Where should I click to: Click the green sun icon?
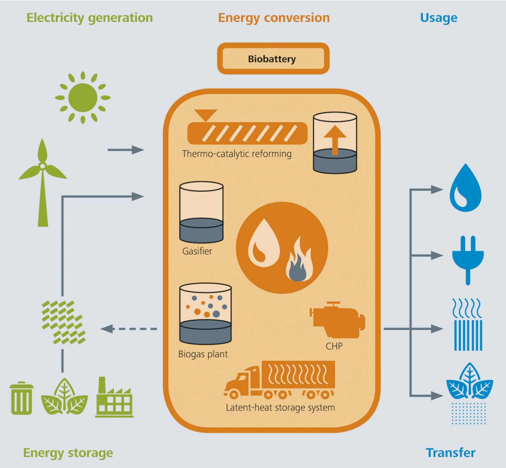(x=83, y=97)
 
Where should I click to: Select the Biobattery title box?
(x=273, y=59)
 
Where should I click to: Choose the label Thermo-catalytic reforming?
(x=236, y=154)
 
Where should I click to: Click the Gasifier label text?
(x=197, y=251)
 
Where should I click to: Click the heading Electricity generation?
(x=90, y=18)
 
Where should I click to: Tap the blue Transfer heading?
(x=450, y=453)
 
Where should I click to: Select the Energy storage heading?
(x=68, y=453)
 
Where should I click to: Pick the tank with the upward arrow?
(x=335, y=143)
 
